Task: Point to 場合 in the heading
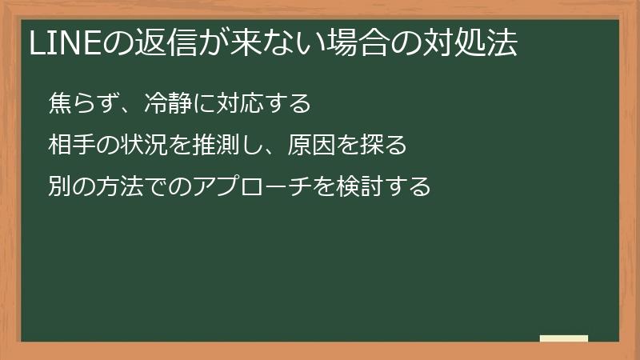click(x=346, y=45)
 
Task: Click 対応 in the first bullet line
click(x=231, y=104)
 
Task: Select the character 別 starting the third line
click(x=60, y=187)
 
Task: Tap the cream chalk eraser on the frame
click(x=564, y=338)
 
